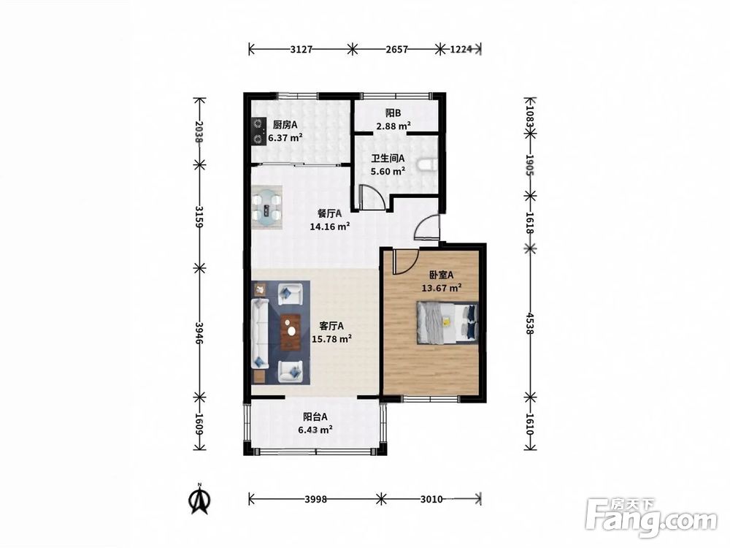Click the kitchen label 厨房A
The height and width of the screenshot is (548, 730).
pos(285,124)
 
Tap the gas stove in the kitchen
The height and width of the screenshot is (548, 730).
pos(258,132)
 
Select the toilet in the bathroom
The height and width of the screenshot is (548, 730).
pos(427,164)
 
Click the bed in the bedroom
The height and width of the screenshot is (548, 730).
pos(447,322)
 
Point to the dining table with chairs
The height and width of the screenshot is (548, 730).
pos(266,208)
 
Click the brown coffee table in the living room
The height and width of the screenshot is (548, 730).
pos(291,332)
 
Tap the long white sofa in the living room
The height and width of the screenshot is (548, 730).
pos(259,333)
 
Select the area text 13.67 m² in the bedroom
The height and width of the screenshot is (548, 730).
pos(442,288)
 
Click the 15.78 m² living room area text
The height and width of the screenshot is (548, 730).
pos(331,339)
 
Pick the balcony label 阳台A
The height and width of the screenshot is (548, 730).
pos(315,416)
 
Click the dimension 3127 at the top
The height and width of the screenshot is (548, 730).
pos(301,49)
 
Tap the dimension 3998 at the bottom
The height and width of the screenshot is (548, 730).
pos(315,500)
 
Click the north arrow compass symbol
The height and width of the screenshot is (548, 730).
pos(199,498)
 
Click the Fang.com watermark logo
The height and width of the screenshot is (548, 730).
pos(651,518)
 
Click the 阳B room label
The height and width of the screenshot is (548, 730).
pos(393,113)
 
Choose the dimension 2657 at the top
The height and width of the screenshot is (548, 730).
pos(396,49)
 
